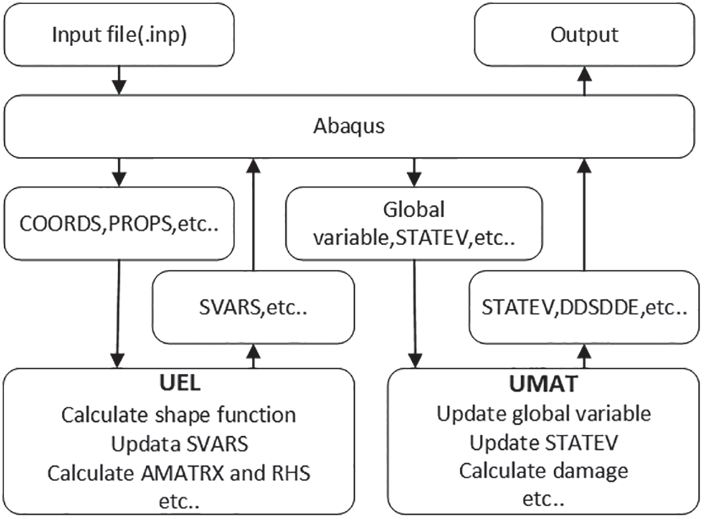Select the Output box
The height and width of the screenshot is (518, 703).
pos(585,35)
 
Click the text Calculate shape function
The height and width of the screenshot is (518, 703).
pos(178,414)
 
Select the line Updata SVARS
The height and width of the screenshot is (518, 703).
pos(178,444)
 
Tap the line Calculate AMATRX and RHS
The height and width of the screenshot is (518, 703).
pos(178,473)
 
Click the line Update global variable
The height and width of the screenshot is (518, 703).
pos(544,414)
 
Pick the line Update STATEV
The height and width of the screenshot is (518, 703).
pos(544,443)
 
